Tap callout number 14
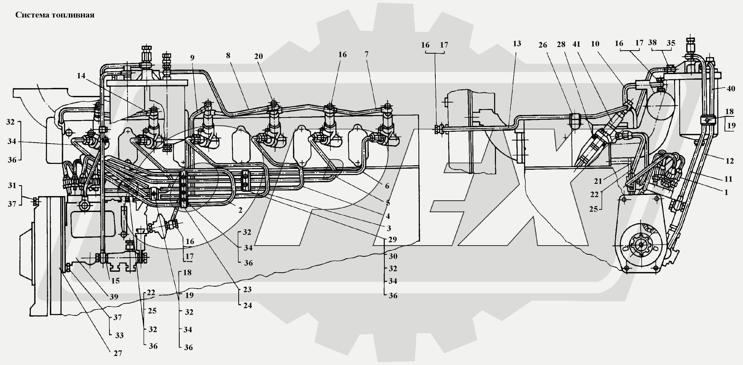(81, 76)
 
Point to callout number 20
(258, 56)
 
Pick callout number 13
(517, 44)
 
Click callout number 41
(576, 44)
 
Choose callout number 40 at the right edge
(731, 89)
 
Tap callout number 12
(729, 161)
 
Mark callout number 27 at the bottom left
(118, 353)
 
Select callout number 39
(114, 296)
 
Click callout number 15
(115, 281)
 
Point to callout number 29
(392, 239)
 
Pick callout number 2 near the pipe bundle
(240, 210)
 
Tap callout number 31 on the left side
(12, 185)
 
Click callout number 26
(543, 45)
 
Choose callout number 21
(598, 181)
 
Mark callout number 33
(119, 335)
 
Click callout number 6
(387, 186)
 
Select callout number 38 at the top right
(652, 43)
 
